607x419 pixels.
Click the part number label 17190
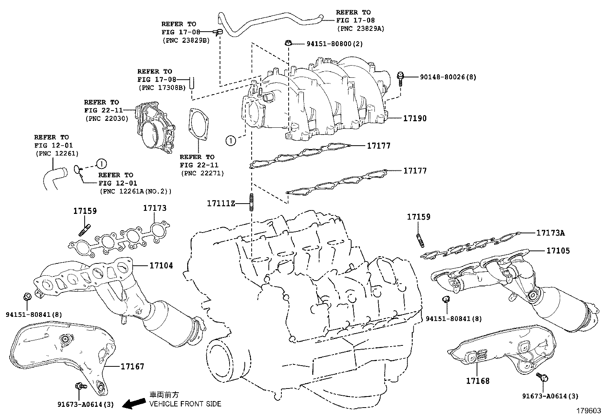pyautogui.click(x=415, y=119)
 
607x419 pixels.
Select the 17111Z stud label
pyautogui.click(x=221, y=203)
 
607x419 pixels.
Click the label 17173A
pyautogui.click(x=551, y=233)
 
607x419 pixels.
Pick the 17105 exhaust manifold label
pyautogui.click(x=558, y=250)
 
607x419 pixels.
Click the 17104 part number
pyautogui.click(x=161, y=265)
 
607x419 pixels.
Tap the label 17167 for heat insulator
pyautogui.click(x=132, y=367)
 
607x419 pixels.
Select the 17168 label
pyautogui.click(x=477, y=380)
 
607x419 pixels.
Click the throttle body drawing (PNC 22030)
pyautogui.click(x=154, y=128)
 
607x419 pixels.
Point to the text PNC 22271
pyautogui.click(x=202, y=173)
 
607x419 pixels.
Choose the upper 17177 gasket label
pyautogui.click(x=379, y=146)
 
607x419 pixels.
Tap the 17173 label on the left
pyautogui.click(x=155, y=208)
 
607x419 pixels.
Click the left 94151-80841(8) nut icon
pyautogui.click(x=27, y=296)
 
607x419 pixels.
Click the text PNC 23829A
pyautogui.click(x=361, y=28)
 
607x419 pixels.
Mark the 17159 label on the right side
pyautogui.click(x=419, y=217)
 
